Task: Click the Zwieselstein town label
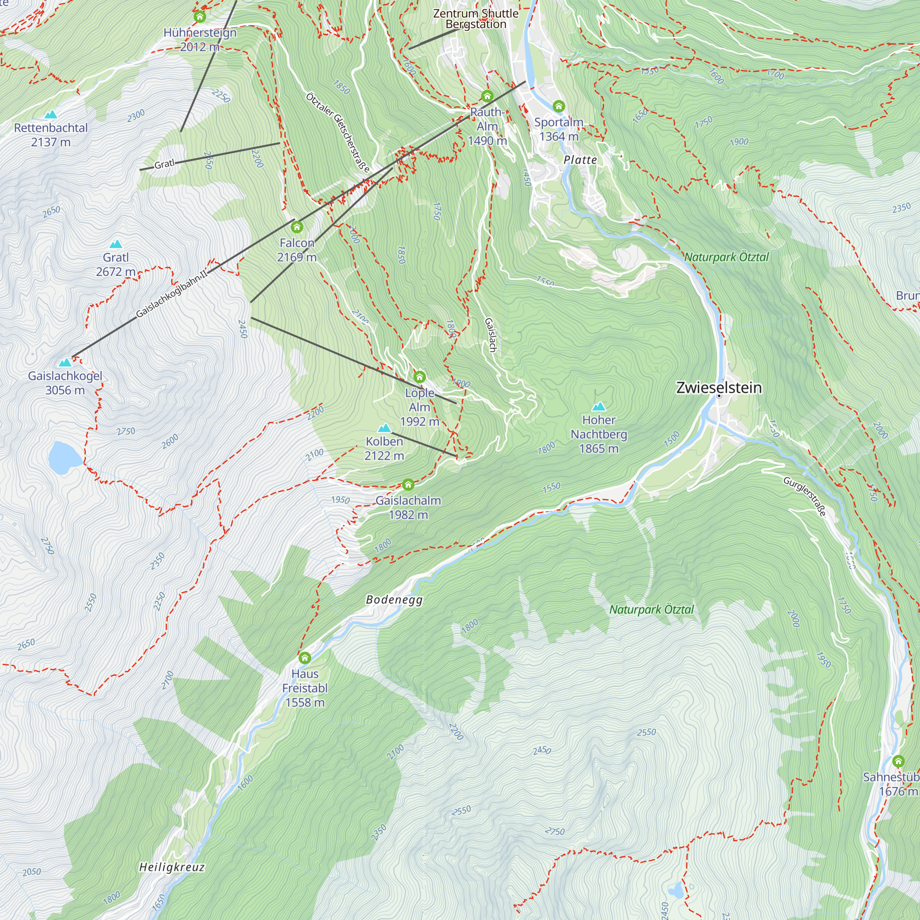[x=719, y=388]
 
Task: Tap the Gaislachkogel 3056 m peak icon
[x=65, y=363]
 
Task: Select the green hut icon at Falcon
[x=297, y=226]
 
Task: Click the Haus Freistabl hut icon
[x=305, y=658]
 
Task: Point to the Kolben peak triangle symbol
[x=384, y=428]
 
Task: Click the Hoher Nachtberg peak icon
[x=598, y=407]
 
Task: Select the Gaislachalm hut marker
[x=408, y=485]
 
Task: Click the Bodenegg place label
[x=394, y=599]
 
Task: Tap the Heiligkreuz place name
[x=172, y=867]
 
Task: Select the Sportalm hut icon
[x=558, y=106]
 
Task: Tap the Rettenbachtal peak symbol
[x=51, y=115]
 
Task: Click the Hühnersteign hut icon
[x=200, y=17]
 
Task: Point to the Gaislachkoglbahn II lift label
[x=172, y=294]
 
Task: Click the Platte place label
[x=580, y=160]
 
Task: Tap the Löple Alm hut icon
[x=420, y=377]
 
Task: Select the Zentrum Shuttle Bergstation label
[x=476, y=19]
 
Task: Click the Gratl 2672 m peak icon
[x=116, y=244]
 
